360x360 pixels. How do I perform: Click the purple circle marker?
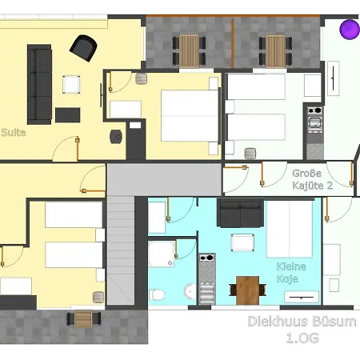(x=350, y=30)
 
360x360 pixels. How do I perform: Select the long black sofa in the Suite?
(x=39, y=83)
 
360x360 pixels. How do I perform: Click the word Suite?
(x=14, y=133)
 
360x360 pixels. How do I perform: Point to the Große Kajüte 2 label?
(x=312, y=178)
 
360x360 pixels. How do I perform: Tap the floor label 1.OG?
(x=302, y=339)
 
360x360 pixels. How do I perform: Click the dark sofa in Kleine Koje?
(x=239, y=213)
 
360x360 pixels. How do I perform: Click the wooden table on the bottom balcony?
(x=83, y=319)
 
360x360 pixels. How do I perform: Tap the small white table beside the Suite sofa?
(x=71, y=83)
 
